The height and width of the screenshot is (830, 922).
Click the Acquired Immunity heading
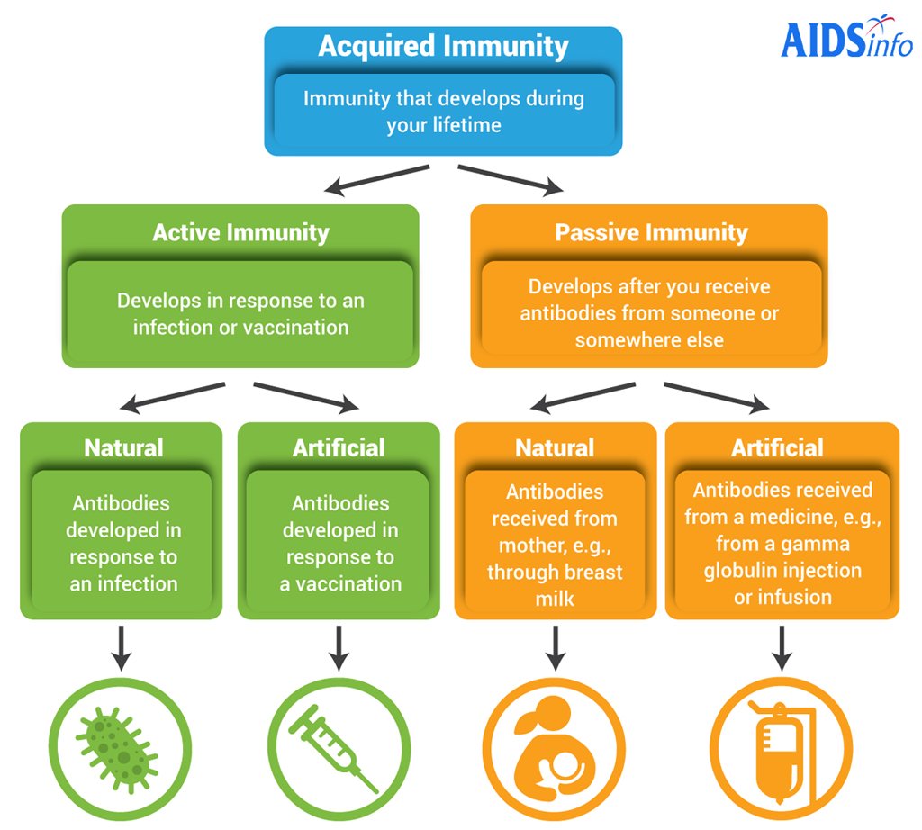tap(443, 47)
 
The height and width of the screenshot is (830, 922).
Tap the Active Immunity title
tap(240, 232)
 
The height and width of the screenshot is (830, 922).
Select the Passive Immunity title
tap(651, 233)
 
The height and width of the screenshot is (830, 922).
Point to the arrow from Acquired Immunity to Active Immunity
tap(377, 178)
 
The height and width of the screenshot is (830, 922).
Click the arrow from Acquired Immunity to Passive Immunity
tap(511, 178)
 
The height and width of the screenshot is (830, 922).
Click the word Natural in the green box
tap(123, 447)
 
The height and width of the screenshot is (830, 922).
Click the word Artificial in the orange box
tap(777, 447)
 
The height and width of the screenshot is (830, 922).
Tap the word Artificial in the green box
tap(339, 447)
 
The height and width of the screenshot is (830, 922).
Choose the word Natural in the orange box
tap(555, 447)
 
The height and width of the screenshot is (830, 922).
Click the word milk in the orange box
tap(555, 599)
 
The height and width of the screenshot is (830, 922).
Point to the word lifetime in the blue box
tap(466, 125)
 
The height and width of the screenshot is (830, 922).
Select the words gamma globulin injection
tap(782, 557)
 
